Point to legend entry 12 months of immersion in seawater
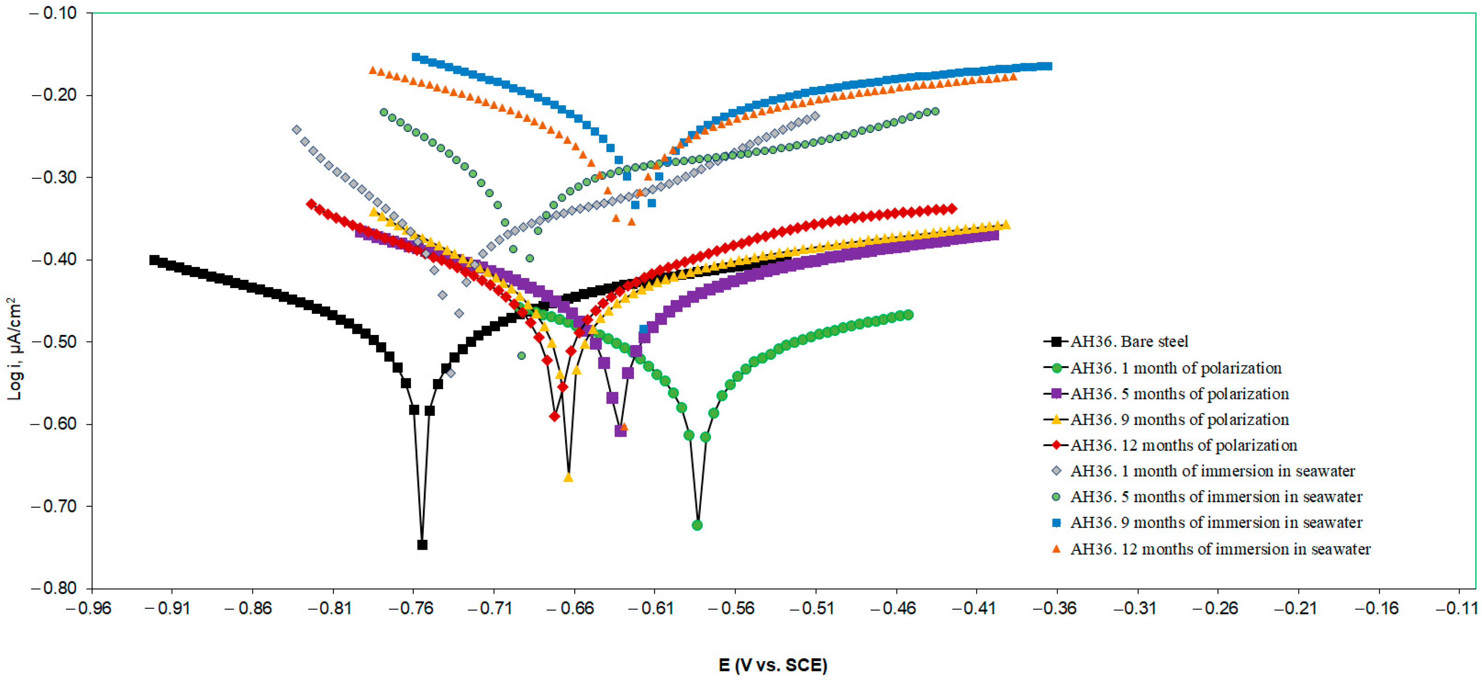coord(1220,549)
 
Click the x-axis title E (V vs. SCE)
coord(773,665)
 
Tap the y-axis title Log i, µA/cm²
coord(14,349)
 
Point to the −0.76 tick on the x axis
coord(413,608)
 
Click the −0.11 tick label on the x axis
coord(1458,608)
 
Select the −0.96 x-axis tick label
coord(92,608)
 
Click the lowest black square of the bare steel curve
coord(422,545)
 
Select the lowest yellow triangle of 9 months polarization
coord(568,477)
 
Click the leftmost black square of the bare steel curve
coord(154,260)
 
